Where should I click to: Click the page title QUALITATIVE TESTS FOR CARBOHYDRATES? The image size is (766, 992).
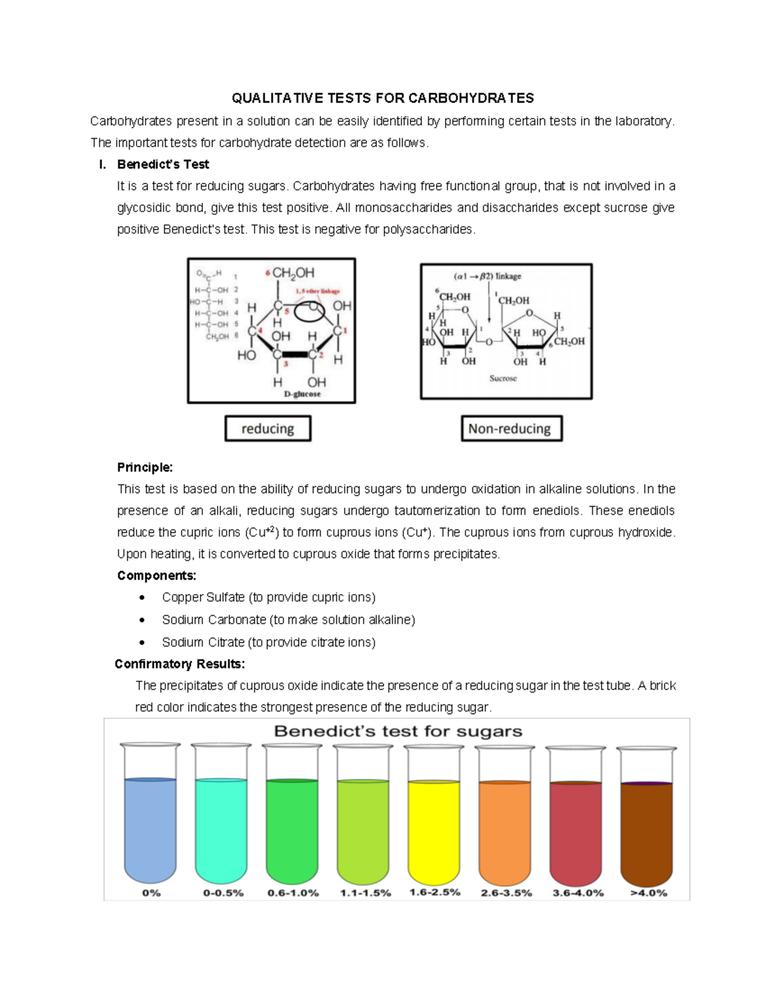click(382, 98)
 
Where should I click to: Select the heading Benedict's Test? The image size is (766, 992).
click(163, 164)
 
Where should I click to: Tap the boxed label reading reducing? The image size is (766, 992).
click(267, 429)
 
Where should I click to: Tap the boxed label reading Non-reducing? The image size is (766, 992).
click(510, 429)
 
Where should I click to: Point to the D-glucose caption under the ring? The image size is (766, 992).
click(302, 394)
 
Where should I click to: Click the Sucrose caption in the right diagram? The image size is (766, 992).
click(503, 378)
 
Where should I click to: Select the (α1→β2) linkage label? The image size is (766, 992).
click(488, 277)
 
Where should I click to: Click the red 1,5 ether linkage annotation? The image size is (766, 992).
click(313, 291)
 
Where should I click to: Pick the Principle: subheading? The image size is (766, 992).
click(145, 468)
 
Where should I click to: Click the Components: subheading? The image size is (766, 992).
click(156, 576)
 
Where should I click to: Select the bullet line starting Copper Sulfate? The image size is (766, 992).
click(268, 597)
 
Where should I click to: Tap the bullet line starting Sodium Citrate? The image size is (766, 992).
click(268, 642)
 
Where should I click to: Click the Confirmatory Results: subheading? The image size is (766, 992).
click(179, 664)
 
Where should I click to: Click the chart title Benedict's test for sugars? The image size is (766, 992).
click(398, 731)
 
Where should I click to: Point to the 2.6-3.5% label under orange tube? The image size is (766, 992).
click(506, 893)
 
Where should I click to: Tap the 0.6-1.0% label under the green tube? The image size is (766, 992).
click(293, 893)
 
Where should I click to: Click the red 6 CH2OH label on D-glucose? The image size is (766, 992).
click(289, 273)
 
